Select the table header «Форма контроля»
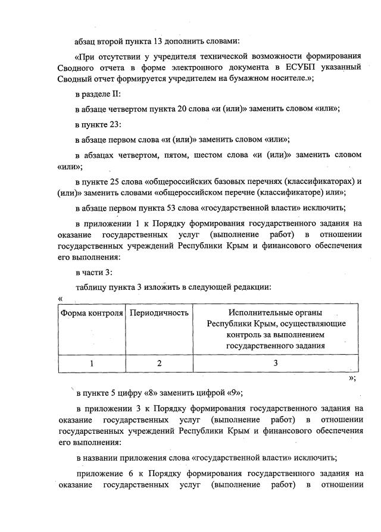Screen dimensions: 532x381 90,312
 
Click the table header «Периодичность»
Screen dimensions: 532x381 159,312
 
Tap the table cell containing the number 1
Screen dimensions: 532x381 91,362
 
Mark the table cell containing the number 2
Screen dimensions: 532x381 159,362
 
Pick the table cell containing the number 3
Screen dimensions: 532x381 275,362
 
